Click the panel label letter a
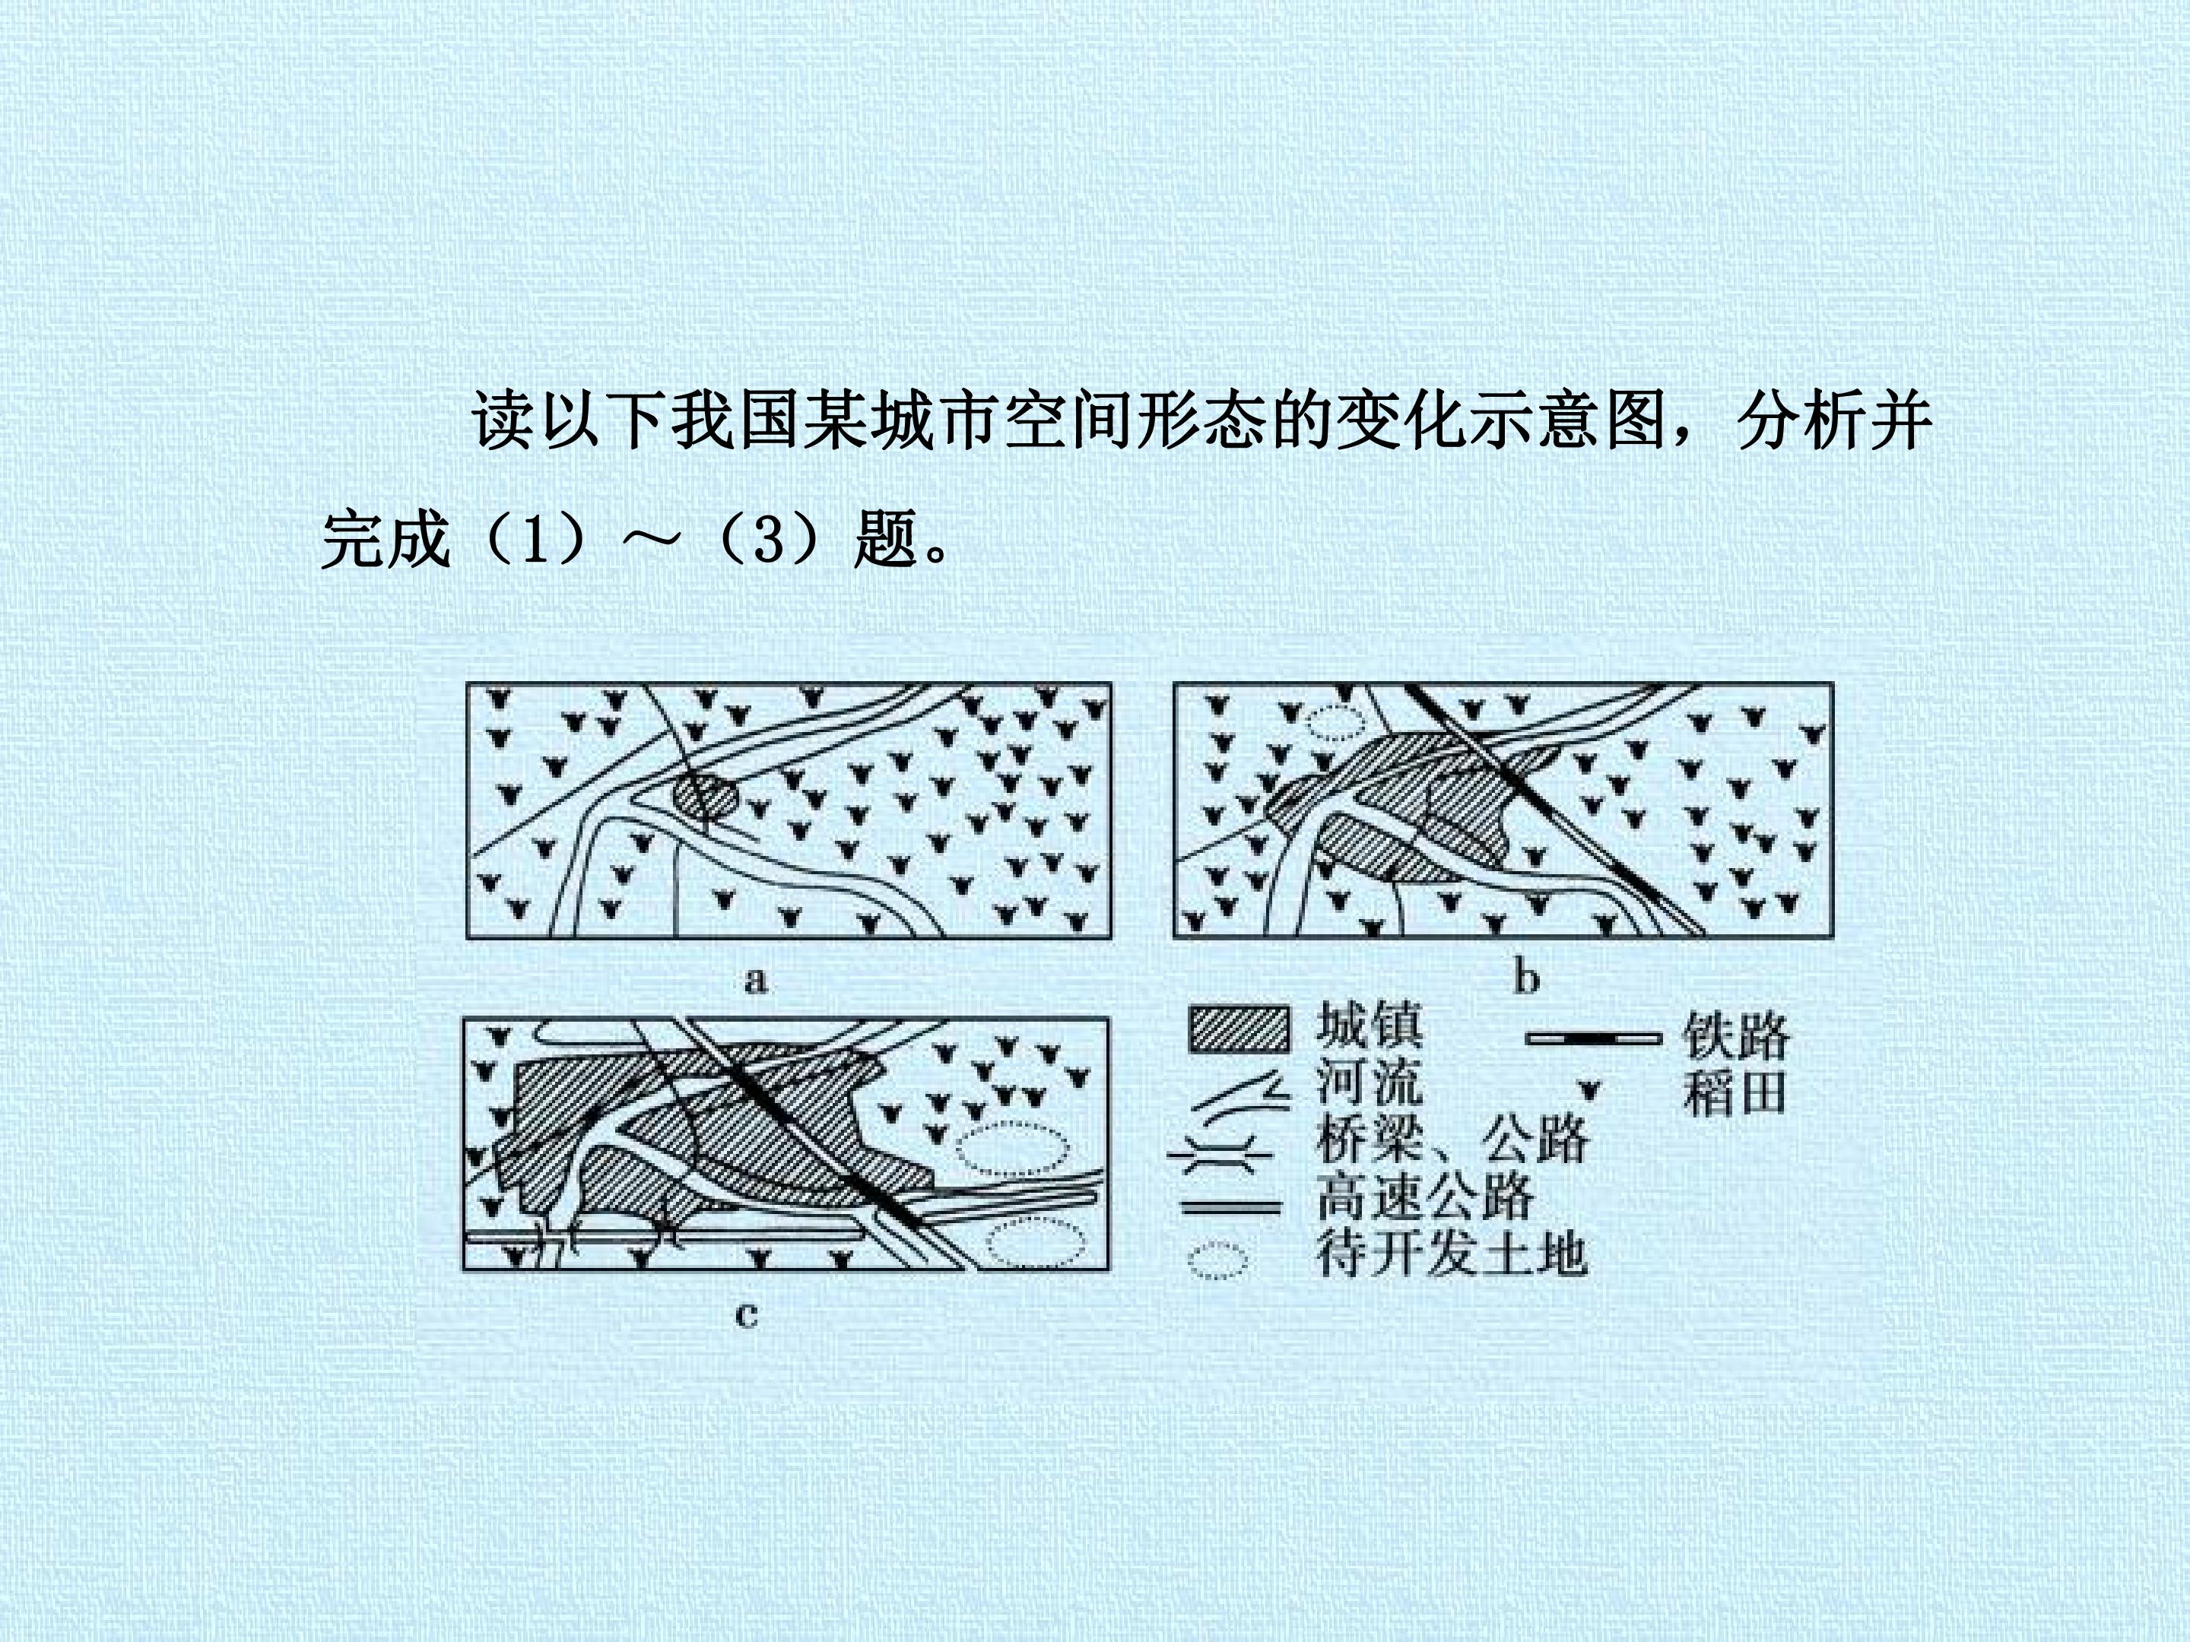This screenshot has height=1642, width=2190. [757, 980]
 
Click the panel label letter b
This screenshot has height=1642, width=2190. [1527, 978]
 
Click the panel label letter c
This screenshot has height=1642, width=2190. [747, 1315]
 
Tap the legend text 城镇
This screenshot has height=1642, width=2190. [1370, 1025]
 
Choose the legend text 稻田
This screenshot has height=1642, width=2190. [1735, 1092]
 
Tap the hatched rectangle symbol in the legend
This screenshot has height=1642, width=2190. [1239, 1029]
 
